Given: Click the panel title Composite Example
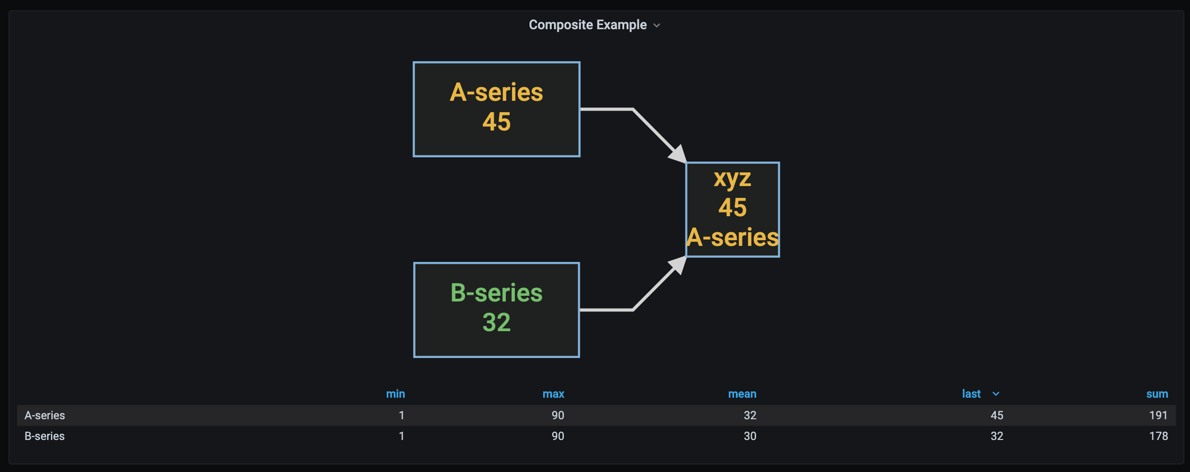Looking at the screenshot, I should click(x=587, y=25).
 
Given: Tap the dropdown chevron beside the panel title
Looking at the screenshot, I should click(x=657, y=25).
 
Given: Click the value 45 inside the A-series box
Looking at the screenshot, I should click(x=497, y=122).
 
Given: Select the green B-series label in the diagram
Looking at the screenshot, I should click(x=497, y=293).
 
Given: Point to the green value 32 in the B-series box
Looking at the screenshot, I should click(x=497, y=323).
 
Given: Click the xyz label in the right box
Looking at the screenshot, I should click(x=732, y=179).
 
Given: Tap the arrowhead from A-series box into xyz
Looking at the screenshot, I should click(x=678, y=155).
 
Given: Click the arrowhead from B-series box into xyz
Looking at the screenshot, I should click(x=678, y=265).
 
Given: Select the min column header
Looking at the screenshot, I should click(x=395, y=394).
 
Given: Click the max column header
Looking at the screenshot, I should click(x=553, y=394).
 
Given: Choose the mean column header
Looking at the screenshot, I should click(x=742, y=394).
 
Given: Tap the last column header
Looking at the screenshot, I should click(x=971, y=394).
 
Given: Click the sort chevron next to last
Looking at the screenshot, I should click(x=996, y=394).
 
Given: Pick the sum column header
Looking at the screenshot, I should click(x=1157, y=394).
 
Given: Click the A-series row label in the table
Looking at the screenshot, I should click(x=45, y=415).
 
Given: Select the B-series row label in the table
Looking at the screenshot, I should click(x=45, y=436).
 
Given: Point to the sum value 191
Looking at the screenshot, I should click(x=1158, y=415).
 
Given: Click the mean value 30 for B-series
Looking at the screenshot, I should click(x=750, y=436).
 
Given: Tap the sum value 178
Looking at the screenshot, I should click(x=1158, y=436).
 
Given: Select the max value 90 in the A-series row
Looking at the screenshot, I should click(x=558, y=415).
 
